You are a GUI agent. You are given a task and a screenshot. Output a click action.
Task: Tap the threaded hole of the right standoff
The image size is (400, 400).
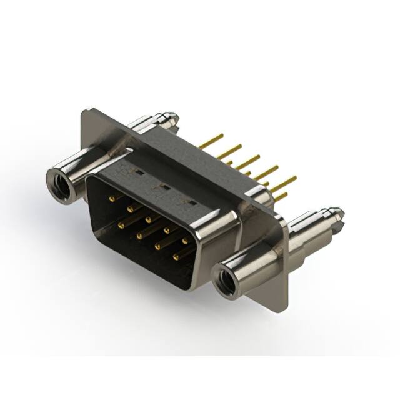tap(226, 282)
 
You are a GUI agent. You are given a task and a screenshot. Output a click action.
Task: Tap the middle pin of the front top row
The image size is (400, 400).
tap(149, 219)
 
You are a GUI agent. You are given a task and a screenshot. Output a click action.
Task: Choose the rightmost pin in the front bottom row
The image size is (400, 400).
tap(177, 256)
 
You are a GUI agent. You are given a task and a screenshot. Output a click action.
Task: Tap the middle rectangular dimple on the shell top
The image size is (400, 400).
tap(164, 185)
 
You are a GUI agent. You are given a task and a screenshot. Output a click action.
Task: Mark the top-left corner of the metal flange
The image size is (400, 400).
tap(84, 111)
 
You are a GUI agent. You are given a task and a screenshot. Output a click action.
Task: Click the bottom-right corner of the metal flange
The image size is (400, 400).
tap(285, 311)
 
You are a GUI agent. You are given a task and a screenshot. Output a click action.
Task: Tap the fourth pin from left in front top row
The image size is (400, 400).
tap(167, 230)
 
